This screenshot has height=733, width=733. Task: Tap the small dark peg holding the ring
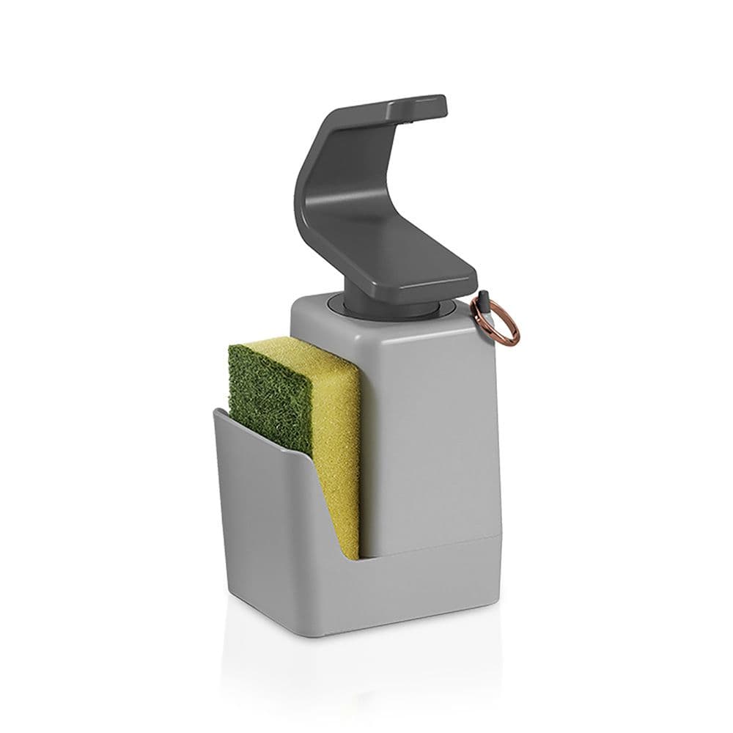pyautogui.click(x=485, y=302)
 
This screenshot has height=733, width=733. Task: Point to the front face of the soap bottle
pyautogui.click(x=432, y=425)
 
